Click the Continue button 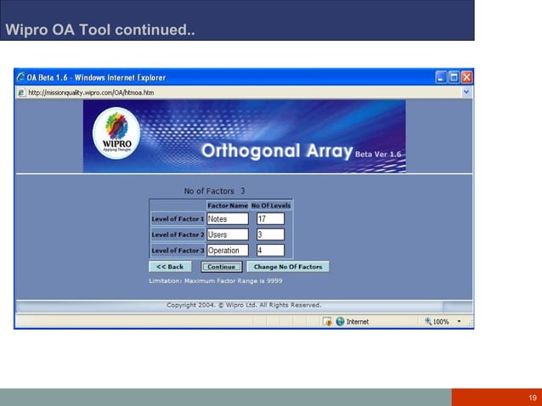[x=221, y=267]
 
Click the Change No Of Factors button [x=287, y=267]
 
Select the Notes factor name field [x=228, y=219]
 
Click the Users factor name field [x=228, y=234]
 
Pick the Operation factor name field [x=228, y=251]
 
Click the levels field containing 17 [x=270, y=219]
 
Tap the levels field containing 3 [x=270, y=234]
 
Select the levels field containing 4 [x=270, y=251]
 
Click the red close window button [x=466, y=77]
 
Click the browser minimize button [x=442, y=77]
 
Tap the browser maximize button [x=454, y=77]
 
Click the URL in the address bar [x=92, y=92]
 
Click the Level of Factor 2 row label [x=178, y=234]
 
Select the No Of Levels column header [x=271, y=206]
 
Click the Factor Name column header [x=228, y=206]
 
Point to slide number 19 [x=533, y=398]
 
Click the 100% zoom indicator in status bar [x=441, y=322]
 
